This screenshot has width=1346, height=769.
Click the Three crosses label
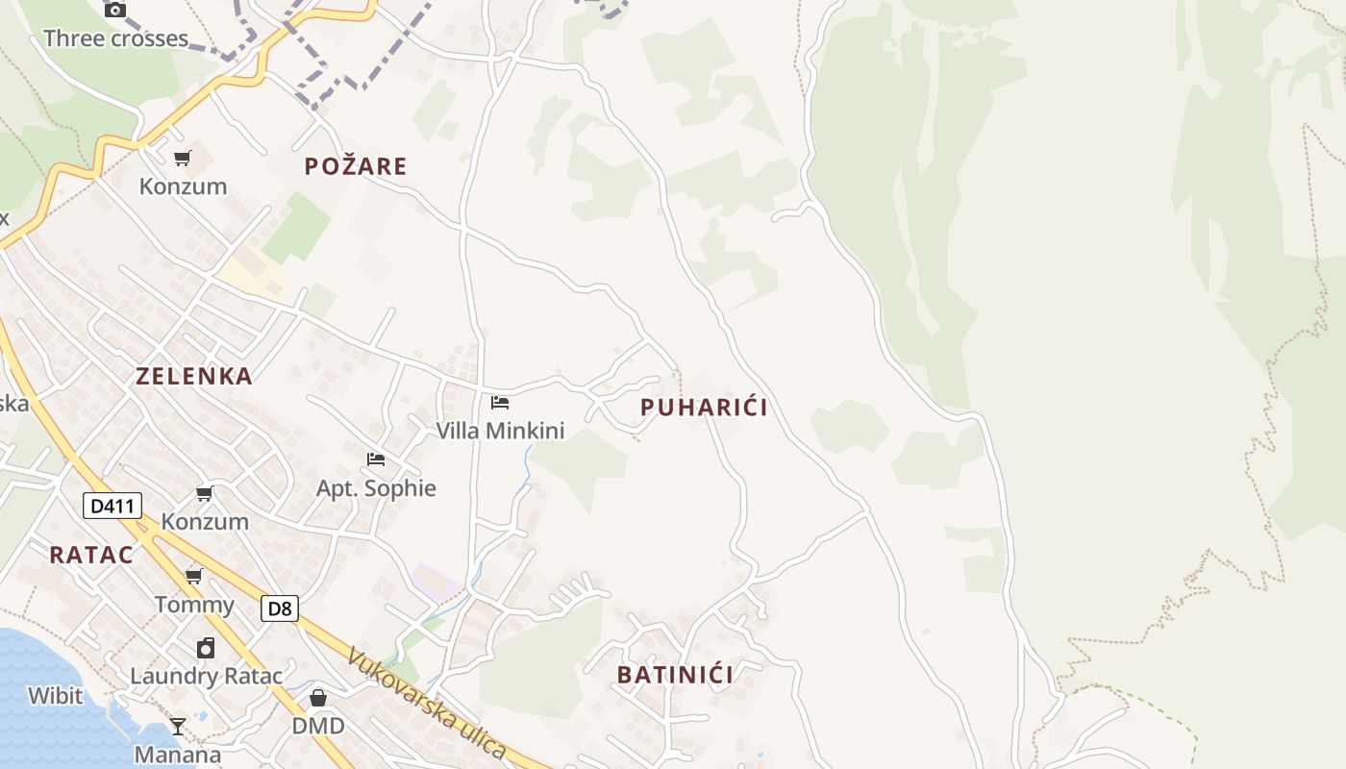tap(115, 38)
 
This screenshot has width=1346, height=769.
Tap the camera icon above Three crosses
tap(115, 10)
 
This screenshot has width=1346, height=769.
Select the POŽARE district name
tap(356, 166)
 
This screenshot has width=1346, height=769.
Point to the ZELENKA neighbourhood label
tap(194, 376)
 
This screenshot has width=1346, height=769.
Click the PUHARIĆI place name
tap(704, 408)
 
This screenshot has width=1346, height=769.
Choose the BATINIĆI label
tap(675, 675)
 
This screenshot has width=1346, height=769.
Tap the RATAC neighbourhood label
tap(91, 555)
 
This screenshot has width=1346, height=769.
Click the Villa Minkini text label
tap(500, 431)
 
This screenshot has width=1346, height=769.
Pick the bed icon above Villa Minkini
tap(500, 402)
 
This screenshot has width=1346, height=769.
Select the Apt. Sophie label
tap(376, 488)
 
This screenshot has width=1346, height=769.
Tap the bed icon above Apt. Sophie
tap(376, 459)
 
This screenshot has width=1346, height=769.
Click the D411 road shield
tap(112, 506)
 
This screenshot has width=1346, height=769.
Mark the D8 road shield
tap(279, 608)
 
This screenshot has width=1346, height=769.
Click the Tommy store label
tap(194, 605)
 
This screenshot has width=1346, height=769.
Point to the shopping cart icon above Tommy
tap(194, 576)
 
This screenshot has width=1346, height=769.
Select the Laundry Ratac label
tap(207, 676)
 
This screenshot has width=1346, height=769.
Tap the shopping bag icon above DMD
tap(318, 697)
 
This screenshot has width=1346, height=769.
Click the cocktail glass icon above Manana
tap(178, 726)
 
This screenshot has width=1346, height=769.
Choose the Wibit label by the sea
tap(55, 695)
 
